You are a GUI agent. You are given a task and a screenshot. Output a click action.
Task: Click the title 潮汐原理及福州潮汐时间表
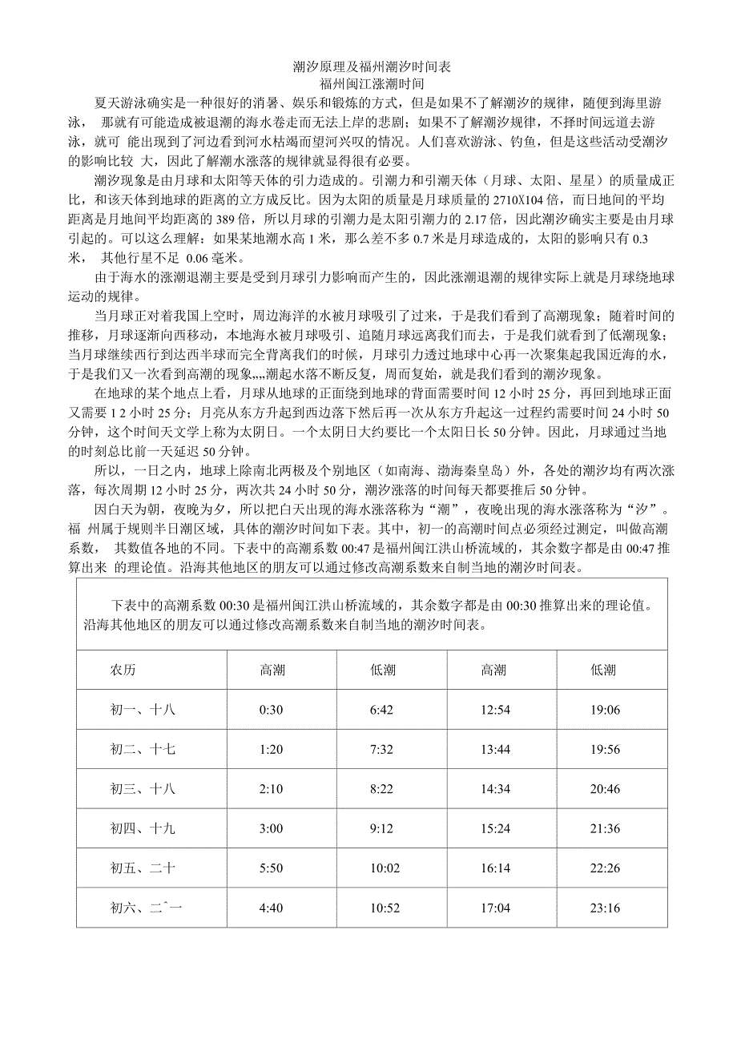tap(371, 66)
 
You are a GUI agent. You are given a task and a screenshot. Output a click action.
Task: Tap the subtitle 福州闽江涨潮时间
tap(371, 83)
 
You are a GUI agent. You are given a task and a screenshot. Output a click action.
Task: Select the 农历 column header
tap(129, 670)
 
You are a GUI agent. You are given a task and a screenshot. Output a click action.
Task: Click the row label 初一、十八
tap(143, 709)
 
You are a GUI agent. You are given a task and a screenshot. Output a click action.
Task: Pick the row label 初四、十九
tap(143, 828)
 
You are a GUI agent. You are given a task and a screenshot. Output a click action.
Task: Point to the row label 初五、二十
tap(143, 868)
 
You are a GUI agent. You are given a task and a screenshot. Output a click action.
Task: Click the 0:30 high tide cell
tap(272, 709)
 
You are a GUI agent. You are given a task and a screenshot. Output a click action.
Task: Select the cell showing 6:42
tap(382, 709)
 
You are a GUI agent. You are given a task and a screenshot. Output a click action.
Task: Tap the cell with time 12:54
tap(493, 709)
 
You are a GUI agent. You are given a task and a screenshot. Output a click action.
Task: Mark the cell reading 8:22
tap(382, 789)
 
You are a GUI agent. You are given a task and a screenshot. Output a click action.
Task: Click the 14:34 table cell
tap(493, 789)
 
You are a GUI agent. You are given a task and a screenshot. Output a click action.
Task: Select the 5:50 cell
tap(272, 868)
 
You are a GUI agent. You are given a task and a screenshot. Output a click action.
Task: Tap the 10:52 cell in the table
tap(382, 908)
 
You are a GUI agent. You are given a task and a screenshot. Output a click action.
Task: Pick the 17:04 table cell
tap(493, 908)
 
